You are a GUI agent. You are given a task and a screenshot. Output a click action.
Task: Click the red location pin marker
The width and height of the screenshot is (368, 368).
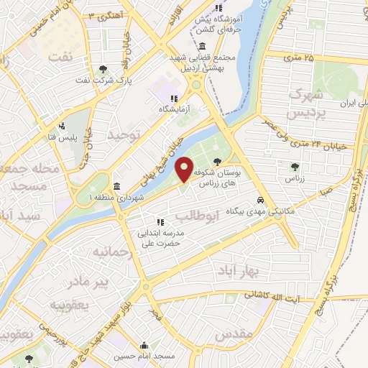[x=186, y=169]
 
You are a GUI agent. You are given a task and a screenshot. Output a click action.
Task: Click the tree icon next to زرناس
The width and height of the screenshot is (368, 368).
[x=293, y=167]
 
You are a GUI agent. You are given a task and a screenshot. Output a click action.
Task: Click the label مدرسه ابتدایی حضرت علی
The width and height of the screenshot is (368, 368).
[x=162, y=238]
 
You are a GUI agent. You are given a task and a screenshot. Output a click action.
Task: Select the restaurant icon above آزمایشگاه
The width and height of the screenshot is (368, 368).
[x=172, y=98]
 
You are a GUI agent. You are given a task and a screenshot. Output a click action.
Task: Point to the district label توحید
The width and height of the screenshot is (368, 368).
[x=122, y=134]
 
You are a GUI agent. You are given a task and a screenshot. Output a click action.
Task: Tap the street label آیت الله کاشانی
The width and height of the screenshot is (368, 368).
[x=275, y=295]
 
